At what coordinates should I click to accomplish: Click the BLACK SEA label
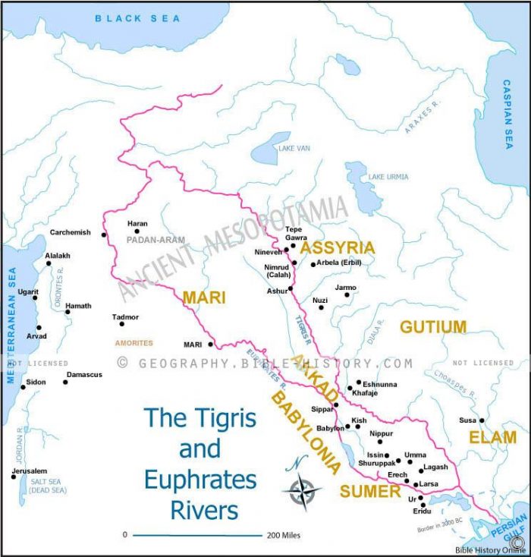[x=137, y=18]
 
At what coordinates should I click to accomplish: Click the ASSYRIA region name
[x=337, y=247]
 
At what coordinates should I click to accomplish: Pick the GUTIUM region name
[x=432, y=327]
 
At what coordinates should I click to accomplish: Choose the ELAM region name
[x=492, y=438]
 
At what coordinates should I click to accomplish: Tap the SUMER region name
[x=369, y=492]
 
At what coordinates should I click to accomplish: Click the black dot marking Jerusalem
[x=13, y=477]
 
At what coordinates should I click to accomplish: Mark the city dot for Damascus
[x=65, y=382]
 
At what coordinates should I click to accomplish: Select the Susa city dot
[x=482, y=420]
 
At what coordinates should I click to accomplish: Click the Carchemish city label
[x=70, y=232]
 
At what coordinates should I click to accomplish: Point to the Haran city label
[x=137, y=223]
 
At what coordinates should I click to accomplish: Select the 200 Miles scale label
[x=283, y=536]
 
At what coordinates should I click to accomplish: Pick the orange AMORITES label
[x=134, y=343]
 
